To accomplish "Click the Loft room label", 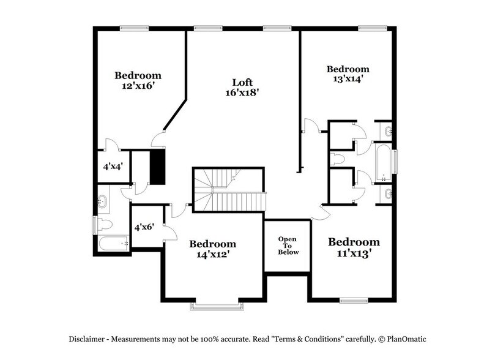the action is (x=242, y=82).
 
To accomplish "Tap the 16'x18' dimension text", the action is (x=242, y=92).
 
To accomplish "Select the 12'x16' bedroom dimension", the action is (x=138, y=86).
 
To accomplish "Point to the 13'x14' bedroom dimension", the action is (x=348, y=78).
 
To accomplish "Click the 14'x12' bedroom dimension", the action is (x=213, y=254).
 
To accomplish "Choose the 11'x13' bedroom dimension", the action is (x=354, y=253).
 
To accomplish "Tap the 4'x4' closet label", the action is (x=113, y=167).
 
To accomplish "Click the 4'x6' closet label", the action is (x=144, y=227).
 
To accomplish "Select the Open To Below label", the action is (x=288, y=246).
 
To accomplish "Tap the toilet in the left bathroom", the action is (x=105, y=225).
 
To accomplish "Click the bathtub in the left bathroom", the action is (x=114, y=244).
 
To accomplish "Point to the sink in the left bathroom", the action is (x=102, y=201).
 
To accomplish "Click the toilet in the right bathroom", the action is (x=337, y=159).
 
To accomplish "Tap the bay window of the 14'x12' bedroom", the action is (x=217, y=306).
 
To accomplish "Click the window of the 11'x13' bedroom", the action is (x=354, y=301).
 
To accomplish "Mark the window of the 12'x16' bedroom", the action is (x=134, y=28).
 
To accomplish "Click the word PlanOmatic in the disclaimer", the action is (x=407, y=339).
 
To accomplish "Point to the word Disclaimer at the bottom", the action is (x=86, y=339).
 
